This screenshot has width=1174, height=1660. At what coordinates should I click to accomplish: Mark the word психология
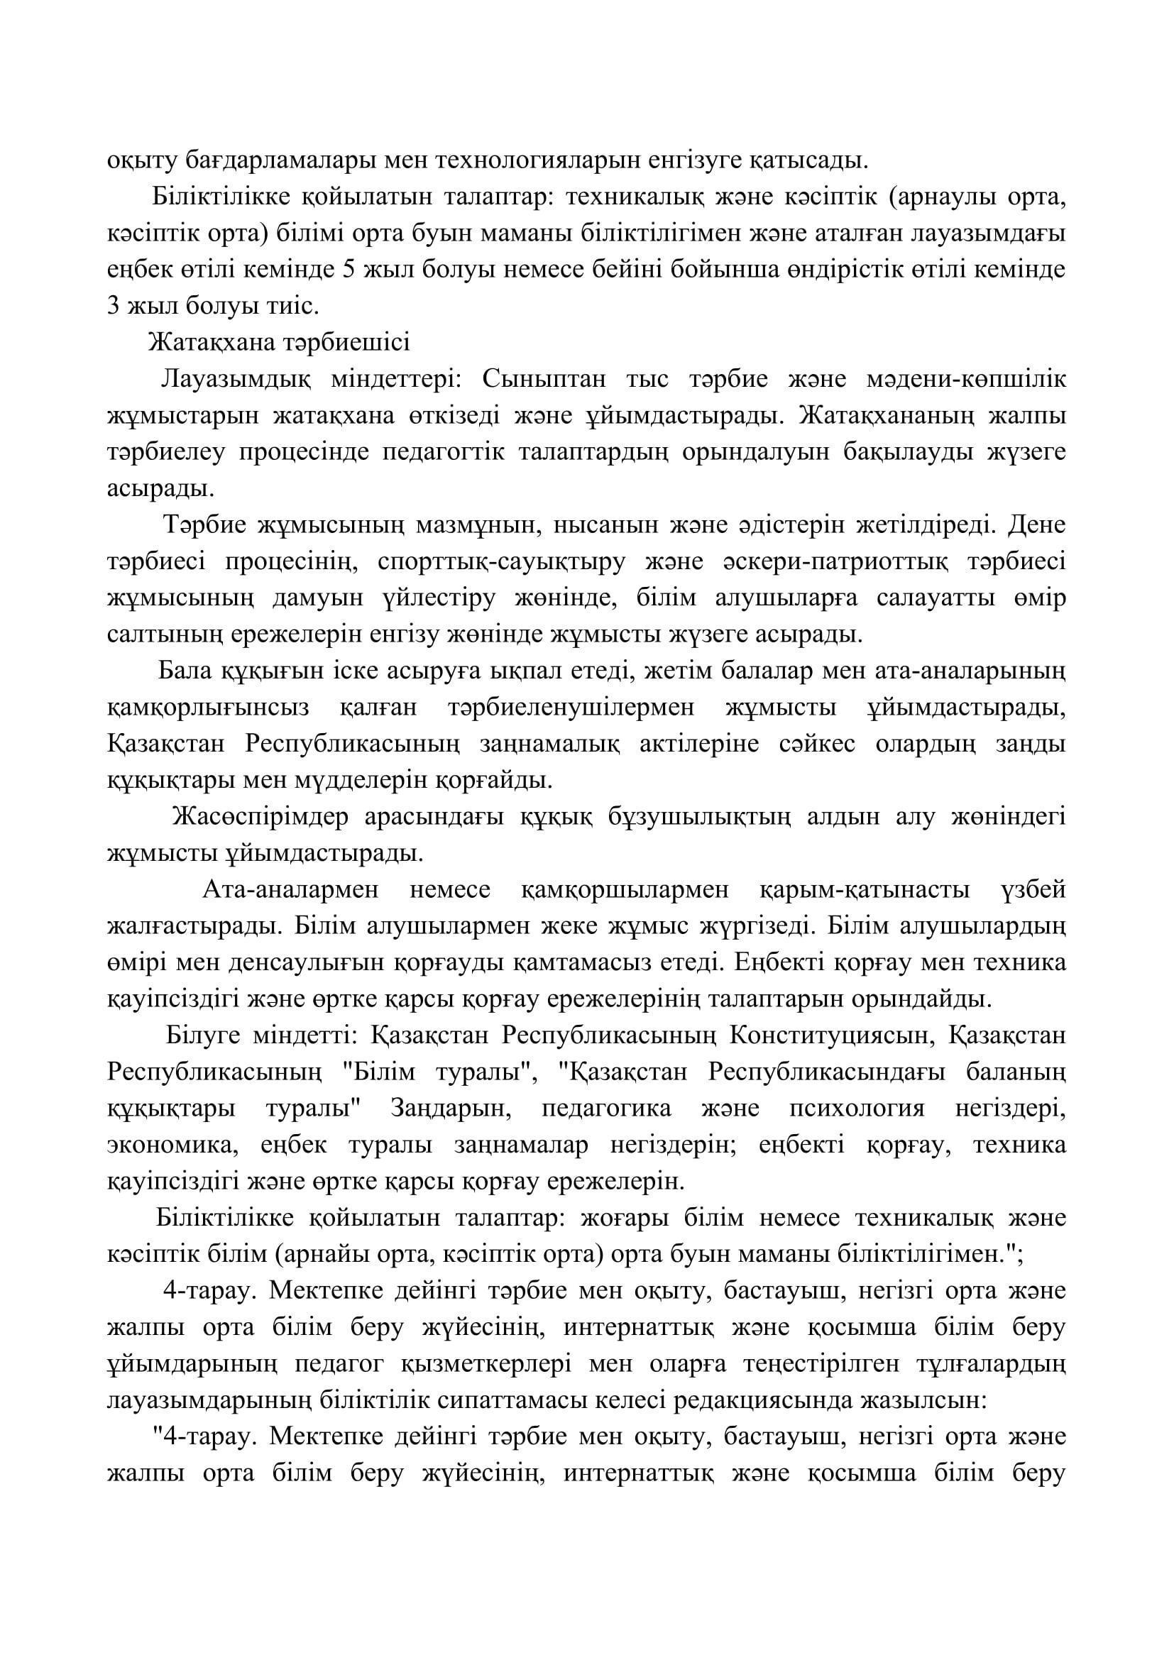pyautogui.click(x=857, y=1109)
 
